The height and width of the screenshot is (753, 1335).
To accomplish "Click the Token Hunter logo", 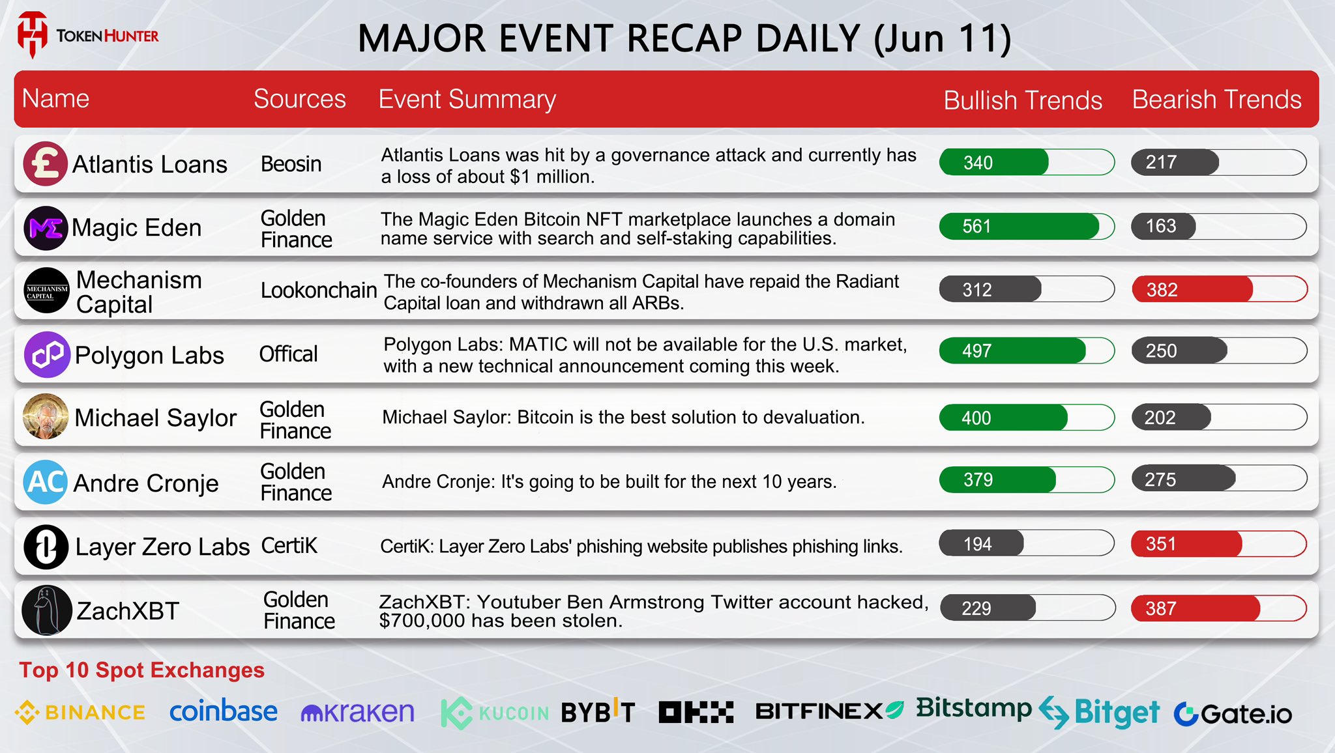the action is click(x=88, y=35).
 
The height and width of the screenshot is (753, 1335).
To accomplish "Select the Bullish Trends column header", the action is click(x=1023, y=100).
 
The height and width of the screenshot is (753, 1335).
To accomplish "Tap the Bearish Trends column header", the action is click(x=1216, y=100).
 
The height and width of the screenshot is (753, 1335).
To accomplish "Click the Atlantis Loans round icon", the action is click(x=46, y=163).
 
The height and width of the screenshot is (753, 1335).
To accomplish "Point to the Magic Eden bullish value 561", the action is click(x=976, y=226).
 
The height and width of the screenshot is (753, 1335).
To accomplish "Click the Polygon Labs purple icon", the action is click(x=47, y=354).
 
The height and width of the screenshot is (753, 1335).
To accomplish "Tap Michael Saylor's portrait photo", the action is click(x=46, y=417).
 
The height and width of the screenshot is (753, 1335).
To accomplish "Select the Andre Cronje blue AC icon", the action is click(x=46, y=481).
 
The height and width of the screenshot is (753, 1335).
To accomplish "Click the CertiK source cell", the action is click(x=289, y=545).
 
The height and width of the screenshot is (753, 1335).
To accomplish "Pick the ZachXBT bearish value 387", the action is click(x=1161, y=608).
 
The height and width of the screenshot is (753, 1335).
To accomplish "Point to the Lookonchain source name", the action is click(x=319, y=290).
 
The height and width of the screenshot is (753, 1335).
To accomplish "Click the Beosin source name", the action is click(x=291, y=163).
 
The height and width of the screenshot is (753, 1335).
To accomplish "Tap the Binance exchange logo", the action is click(x=80, y=712).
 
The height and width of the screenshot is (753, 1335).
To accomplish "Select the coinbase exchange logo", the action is click(x=224, y=711).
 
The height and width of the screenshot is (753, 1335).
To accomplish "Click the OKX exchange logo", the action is click(x=696, y=712).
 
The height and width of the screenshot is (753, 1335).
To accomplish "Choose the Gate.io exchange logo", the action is click(x=1233, y=714).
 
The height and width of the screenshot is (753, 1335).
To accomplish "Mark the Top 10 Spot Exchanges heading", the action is click(x=142, y=670).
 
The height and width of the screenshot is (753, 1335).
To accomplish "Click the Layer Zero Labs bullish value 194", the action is click(x=977, y=544).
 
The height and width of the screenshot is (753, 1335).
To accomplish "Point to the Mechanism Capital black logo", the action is click(x=46, y=291).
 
